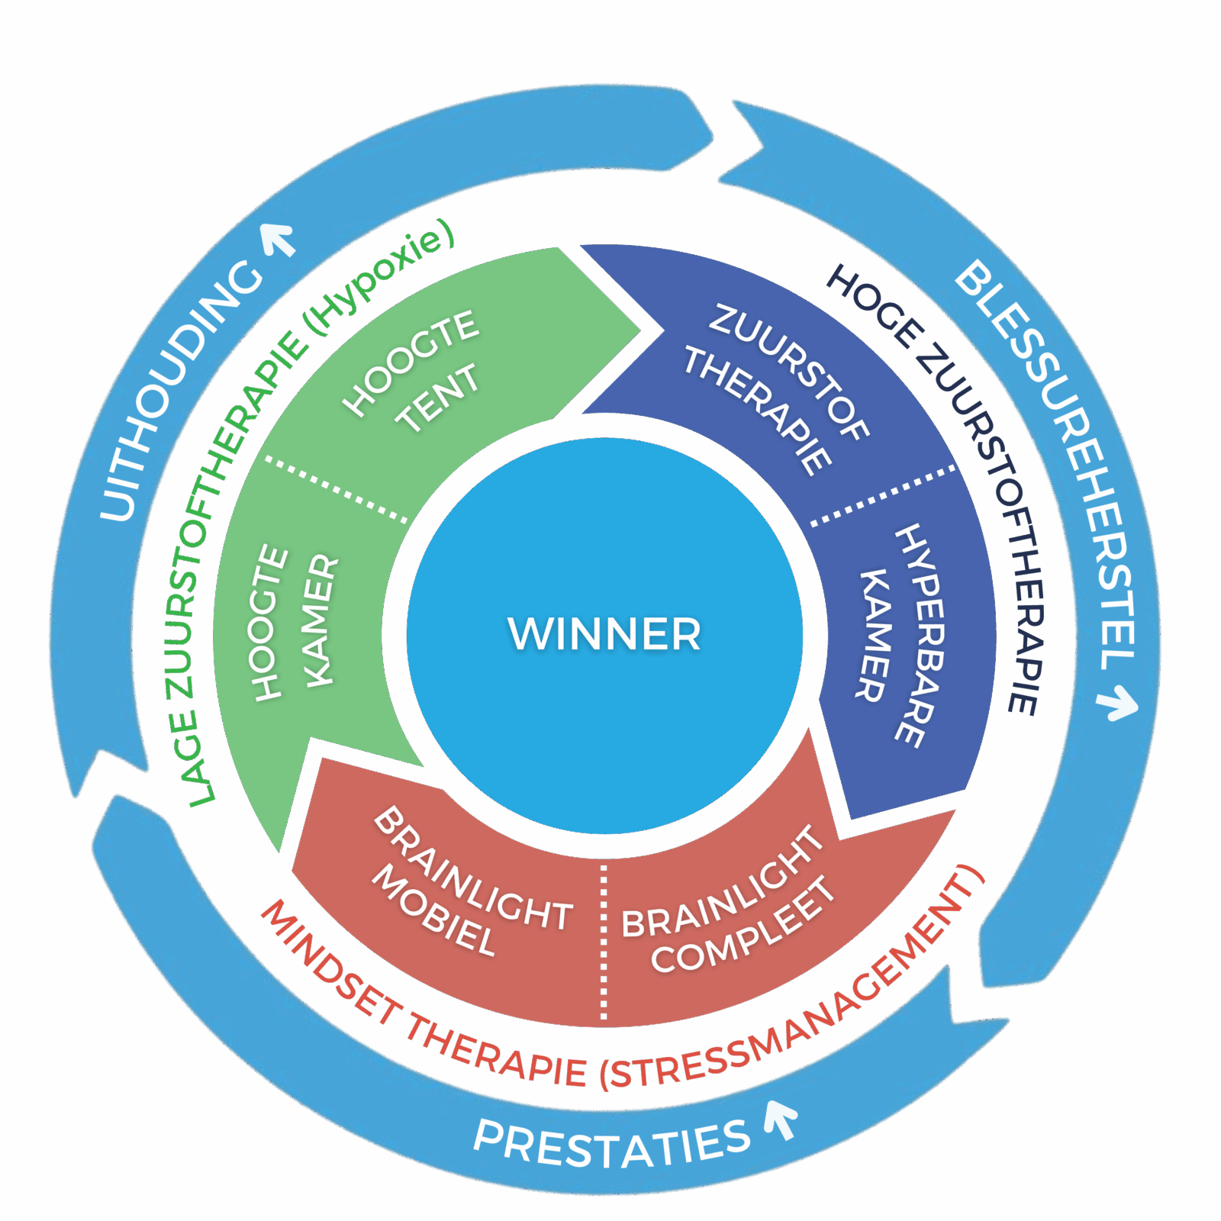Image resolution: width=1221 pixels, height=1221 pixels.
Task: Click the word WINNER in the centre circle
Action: tap(604, 633)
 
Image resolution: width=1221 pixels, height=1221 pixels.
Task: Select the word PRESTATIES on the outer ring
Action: tap(610, 1145)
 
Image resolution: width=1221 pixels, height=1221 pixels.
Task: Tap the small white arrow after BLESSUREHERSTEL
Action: tap(1119, 701)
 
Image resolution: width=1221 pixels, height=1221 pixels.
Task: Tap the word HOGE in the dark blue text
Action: tap(874, 305)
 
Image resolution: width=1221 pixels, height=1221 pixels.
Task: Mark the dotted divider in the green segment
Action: tap(336, 489)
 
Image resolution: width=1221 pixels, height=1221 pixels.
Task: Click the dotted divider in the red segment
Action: tap(604, 942)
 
